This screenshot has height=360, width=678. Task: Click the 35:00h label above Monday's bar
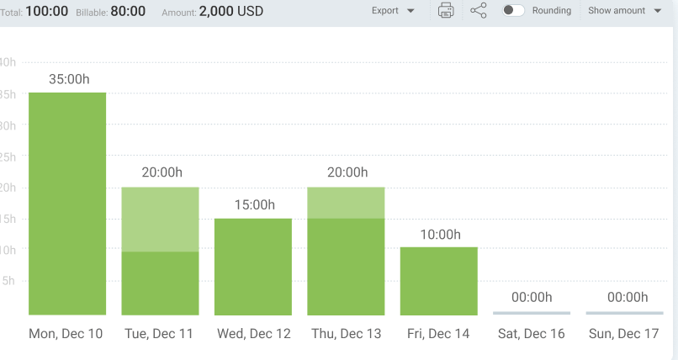pos(67,78)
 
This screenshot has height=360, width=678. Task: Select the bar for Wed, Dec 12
pos(253,266)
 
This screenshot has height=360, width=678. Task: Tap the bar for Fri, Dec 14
pos(439,280)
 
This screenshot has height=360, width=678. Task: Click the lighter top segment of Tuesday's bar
pos(160,219)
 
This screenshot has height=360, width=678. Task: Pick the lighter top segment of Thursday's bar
pos(346,203)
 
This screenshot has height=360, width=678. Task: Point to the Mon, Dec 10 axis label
pos(66,334)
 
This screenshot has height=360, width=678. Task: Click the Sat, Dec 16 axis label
pos(532,334)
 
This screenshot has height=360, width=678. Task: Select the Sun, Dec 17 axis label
pos(624,334)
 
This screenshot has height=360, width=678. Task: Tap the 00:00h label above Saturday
pos(532,297)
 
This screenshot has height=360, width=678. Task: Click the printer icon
pos(447,11)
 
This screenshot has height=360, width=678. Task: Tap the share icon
pos(479,11)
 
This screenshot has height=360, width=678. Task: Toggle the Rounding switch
pos(513,11)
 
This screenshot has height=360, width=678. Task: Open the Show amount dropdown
pos(624,11)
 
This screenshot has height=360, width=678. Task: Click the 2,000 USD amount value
pos(231,12)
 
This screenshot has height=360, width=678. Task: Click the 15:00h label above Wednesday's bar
pos(253,204)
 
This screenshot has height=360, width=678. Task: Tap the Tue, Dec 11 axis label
pos(159,334)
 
